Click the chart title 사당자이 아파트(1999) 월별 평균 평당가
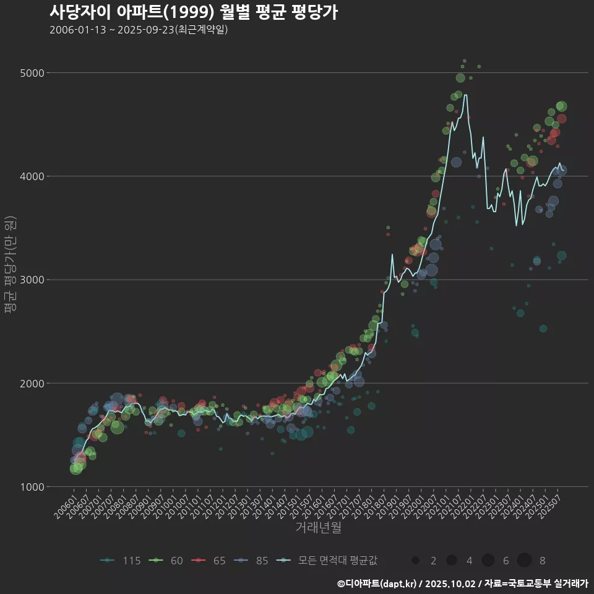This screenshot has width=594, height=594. point(193,12)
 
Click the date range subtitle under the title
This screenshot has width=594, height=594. point(139,30)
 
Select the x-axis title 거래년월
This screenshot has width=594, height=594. point(318,528)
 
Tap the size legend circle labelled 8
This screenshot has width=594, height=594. point(525,561)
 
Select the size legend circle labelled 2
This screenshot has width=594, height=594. point(415,561)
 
